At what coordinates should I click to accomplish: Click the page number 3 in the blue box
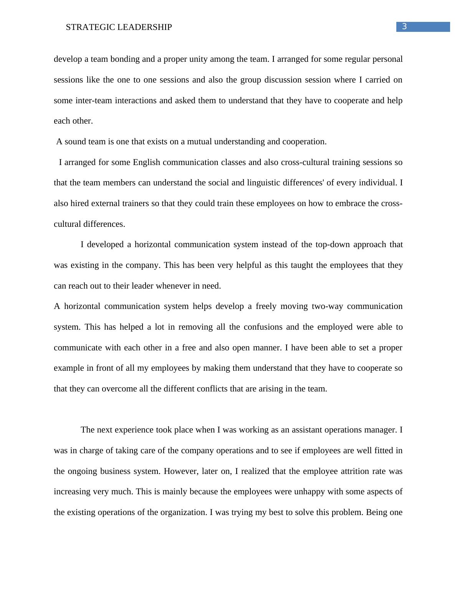404,26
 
